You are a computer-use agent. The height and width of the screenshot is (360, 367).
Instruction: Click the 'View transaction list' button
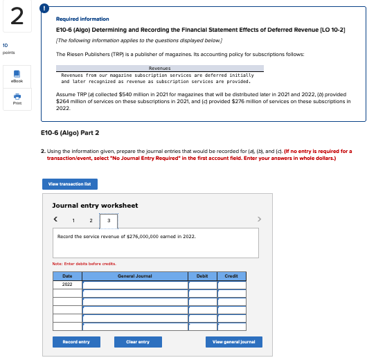point(70,184)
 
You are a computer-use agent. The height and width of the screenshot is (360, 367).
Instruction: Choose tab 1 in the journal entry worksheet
point(73,220)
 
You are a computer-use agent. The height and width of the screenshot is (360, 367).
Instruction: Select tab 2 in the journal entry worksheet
point(91,220)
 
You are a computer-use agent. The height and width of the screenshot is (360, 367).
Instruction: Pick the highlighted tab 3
point(108,220)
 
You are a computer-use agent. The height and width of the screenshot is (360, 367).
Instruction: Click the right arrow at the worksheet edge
point(260,220)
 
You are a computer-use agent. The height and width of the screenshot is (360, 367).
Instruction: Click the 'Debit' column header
point(202,276)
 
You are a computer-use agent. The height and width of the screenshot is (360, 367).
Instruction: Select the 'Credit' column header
point(231,276)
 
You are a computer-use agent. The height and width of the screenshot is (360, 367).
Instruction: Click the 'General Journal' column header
point(135,276)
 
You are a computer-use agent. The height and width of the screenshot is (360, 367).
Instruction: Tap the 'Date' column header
point(67,276)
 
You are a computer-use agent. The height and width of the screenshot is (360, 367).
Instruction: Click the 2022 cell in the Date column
point(67,284)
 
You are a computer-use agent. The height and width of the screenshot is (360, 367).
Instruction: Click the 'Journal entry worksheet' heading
point(95,205)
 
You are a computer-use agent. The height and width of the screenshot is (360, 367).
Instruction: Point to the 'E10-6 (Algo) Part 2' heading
point(70,132)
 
